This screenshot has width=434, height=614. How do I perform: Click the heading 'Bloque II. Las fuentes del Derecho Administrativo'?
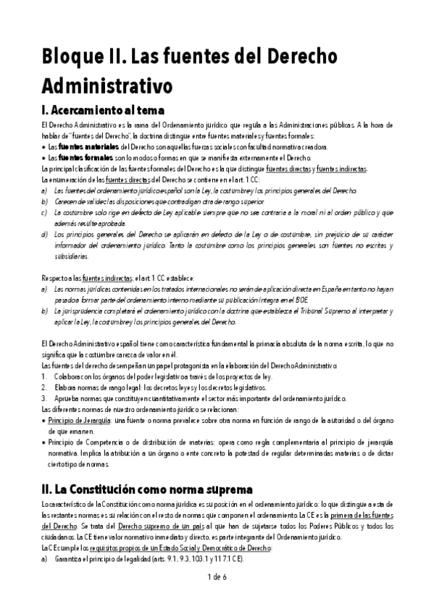pyautogui.click(x=174, y=71)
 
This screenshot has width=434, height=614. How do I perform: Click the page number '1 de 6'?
pyautogui.click(x=217, y=576)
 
